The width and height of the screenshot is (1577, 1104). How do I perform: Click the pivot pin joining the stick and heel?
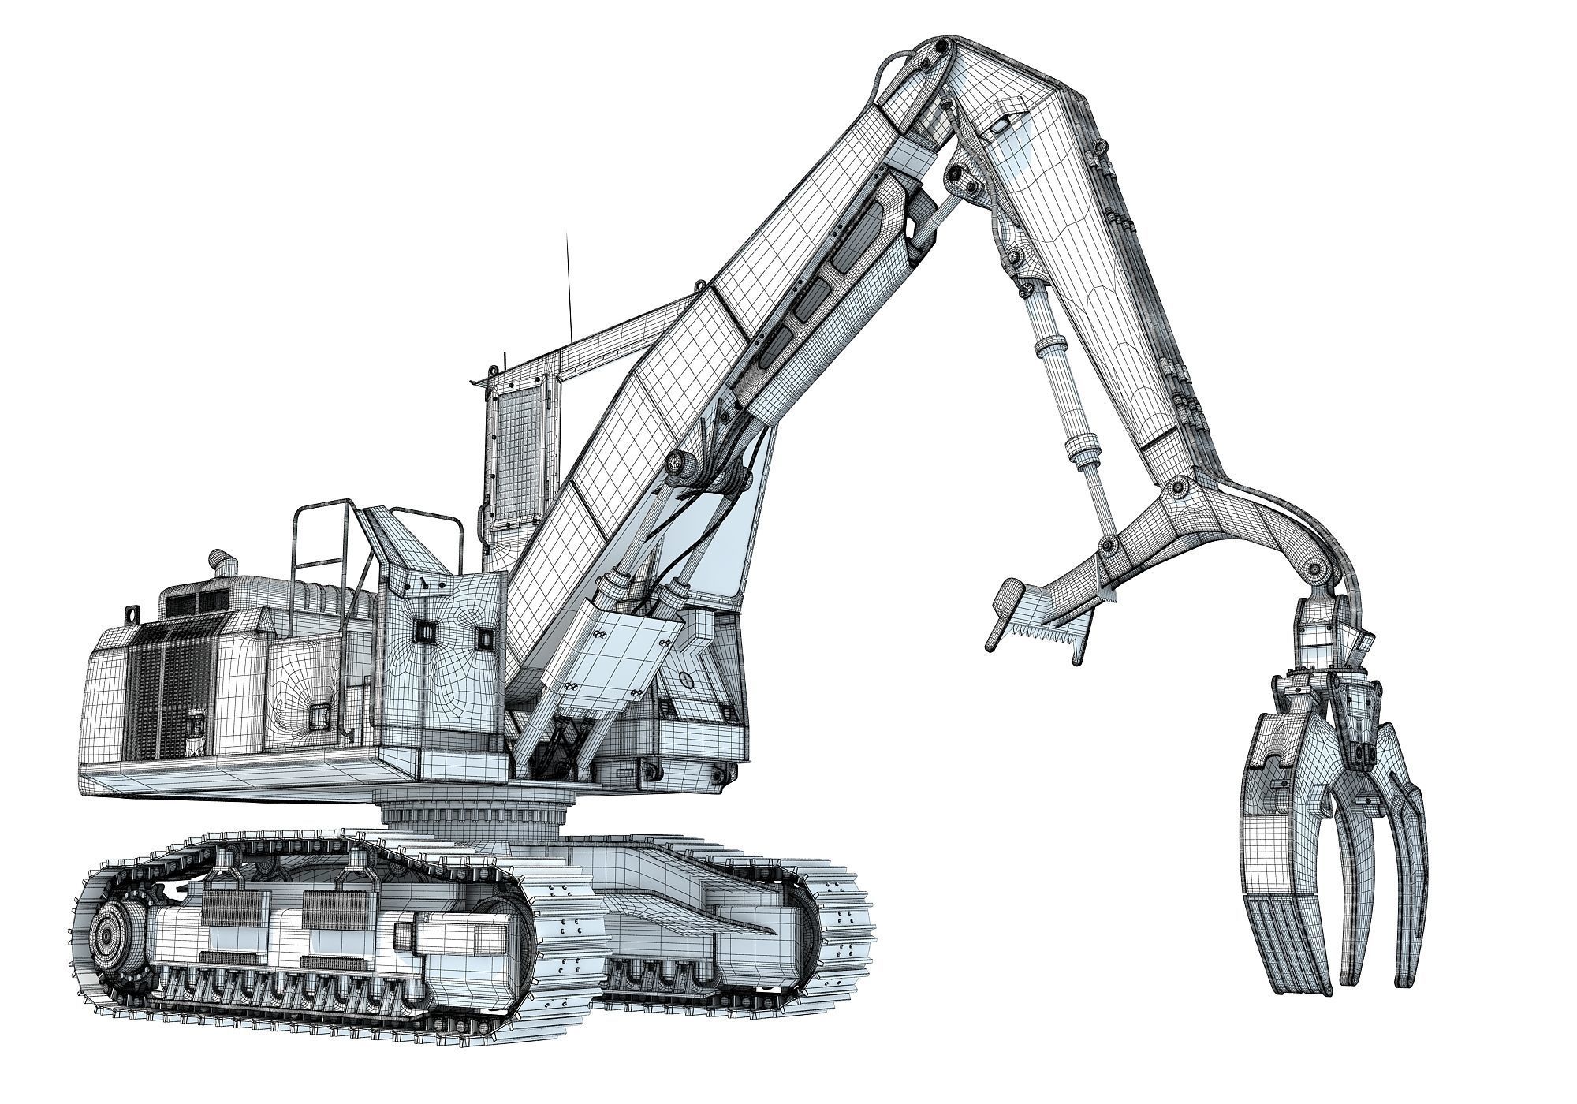click(x=1180, y=487)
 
